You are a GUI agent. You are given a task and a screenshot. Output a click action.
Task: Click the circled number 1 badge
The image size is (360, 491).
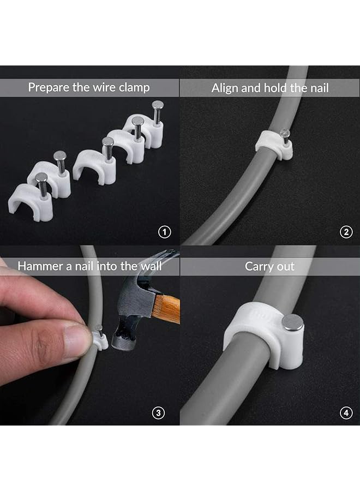(x=164, y=232)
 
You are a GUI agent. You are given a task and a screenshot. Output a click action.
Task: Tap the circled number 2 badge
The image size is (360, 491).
(x=346, y=232)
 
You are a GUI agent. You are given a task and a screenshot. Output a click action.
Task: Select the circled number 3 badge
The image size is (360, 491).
(x=158, y=412)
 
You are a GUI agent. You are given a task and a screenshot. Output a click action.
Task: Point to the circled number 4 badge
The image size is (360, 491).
(x=346, y=412)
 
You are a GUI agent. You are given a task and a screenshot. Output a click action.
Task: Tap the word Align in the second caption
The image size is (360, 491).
(x=226, y=88)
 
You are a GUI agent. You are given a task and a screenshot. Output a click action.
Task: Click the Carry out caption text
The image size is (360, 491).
(x=269, y=266)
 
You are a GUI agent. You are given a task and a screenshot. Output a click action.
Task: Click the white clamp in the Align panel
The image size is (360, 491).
(x=273, y=146)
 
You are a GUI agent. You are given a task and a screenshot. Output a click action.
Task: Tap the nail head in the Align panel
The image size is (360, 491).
(x=284, y=133)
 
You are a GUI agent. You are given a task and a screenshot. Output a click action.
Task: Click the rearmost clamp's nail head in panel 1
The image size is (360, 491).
(x=158, y=105)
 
